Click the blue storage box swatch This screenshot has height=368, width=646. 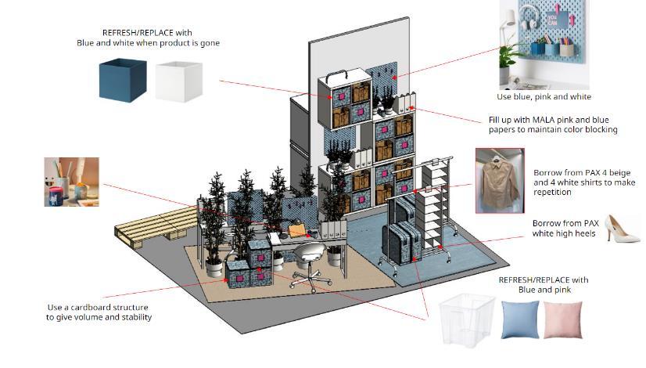tap(121, 81)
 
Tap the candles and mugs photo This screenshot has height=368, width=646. tap(71, 182)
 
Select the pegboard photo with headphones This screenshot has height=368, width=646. tap(544, 44)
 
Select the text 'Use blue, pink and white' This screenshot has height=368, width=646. tap(544, 97)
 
